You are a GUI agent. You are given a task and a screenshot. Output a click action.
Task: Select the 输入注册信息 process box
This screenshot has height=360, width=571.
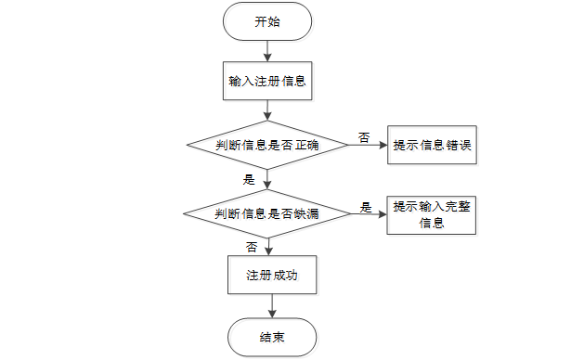point(267,81)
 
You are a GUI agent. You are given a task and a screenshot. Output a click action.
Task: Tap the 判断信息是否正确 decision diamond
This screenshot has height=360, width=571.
point(267,145)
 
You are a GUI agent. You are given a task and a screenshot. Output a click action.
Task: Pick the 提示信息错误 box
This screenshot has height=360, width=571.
point(434,146)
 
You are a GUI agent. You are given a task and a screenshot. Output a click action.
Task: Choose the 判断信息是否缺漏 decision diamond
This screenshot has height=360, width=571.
point(267,214)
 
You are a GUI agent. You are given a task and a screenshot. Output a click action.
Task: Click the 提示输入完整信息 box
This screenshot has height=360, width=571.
point(434,214)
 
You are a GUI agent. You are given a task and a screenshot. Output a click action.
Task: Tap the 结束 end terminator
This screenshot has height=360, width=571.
point(271,337)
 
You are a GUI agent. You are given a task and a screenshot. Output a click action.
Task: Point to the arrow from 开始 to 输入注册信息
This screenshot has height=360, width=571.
point(267,51)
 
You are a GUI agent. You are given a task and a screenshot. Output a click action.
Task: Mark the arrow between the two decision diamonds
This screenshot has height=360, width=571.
point(267,180)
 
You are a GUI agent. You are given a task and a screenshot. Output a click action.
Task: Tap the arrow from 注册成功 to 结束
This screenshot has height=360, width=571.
point(271,307)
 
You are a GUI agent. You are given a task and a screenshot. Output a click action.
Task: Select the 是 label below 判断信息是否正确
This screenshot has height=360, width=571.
point(248,180)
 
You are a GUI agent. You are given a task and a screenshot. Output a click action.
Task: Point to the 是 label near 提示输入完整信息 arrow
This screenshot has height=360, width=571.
point(366,206)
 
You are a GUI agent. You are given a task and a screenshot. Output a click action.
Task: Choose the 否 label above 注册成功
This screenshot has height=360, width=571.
point(252,247)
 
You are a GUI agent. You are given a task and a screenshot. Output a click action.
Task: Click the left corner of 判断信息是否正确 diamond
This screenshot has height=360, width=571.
point(188,145)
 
